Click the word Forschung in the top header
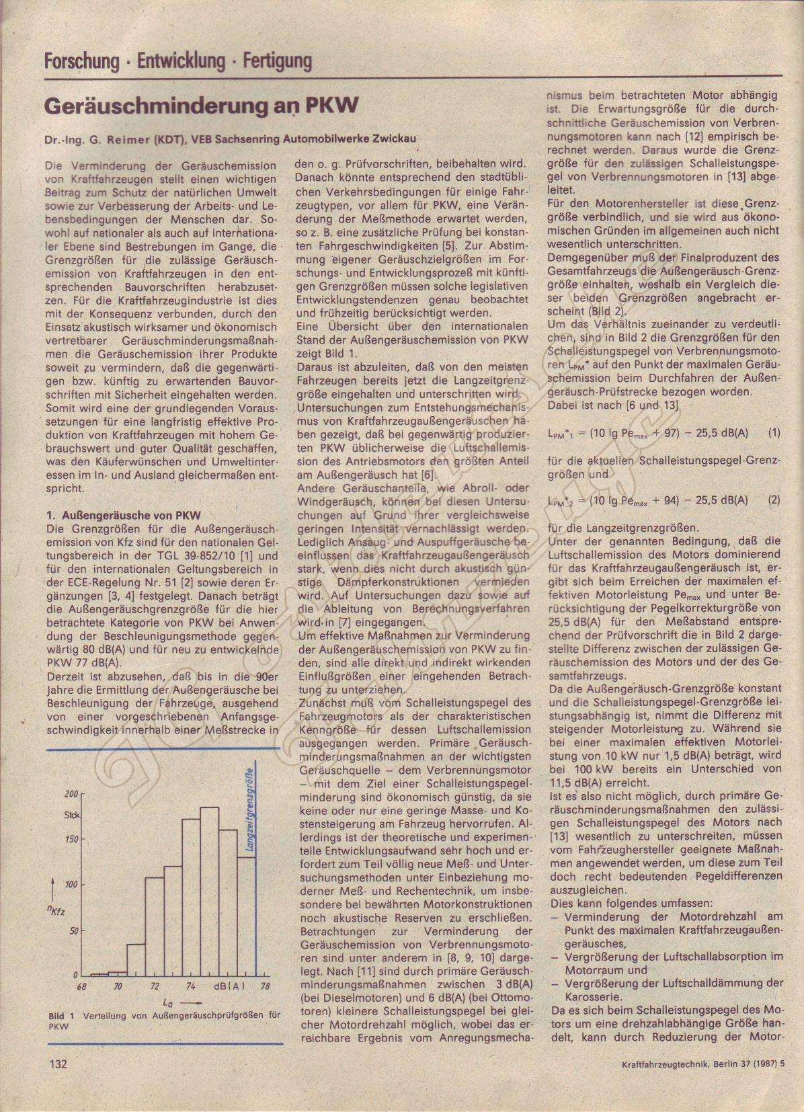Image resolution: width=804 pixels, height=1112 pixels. coord(81,62)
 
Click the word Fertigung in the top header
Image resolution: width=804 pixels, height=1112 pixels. coord(277,62)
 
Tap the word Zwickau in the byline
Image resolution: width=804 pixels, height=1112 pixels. coord(395,139)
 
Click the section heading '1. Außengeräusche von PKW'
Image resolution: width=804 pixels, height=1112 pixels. coord(123,516)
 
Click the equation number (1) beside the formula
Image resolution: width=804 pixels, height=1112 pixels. coord(774,433)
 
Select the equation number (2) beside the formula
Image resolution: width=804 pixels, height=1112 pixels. coord(774,500)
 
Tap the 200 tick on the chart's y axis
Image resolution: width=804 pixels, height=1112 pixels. coord(71,793)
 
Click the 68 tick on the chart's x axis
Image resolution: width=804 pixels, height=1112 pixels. coord(81,986)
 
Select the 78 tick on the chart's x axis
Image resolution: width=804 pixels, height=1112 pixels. coord(265,986)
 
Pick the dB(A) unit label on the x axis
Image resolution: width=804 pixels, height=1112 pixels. coord(229,986)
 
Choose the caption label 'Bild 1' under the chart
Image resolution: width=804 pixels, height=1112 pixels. coord(61,1015)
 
